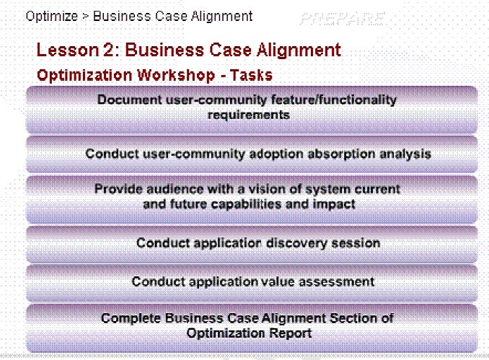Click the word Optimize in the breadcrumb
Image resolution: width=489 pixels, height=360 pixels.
(x=52, y=17)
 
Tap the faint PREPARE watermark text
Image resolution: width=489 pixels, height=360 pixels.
(x=343, y=19)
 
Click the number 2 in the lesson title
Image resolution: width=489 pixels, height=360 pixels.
(x=109, y=50)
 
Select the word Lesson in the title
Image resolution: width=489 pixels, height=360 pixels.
(x=67, y=50)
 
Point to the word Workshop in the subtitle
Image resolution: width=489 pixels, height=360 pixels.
(x=176, y=75)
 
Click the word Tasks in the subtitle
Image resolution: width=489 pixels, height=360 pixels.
(x=251, y=75)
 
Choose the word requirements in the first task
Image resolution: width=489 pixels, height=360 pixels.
(x=249, y=115)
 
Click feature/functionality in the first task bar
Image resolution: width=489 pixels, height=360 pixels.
(x=334, y=100)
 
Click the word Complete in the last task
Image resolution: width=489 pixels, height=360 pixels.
(x=131, y=318)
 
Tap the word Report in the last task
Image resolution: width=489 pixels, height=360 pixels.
(x=290, y=333)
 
